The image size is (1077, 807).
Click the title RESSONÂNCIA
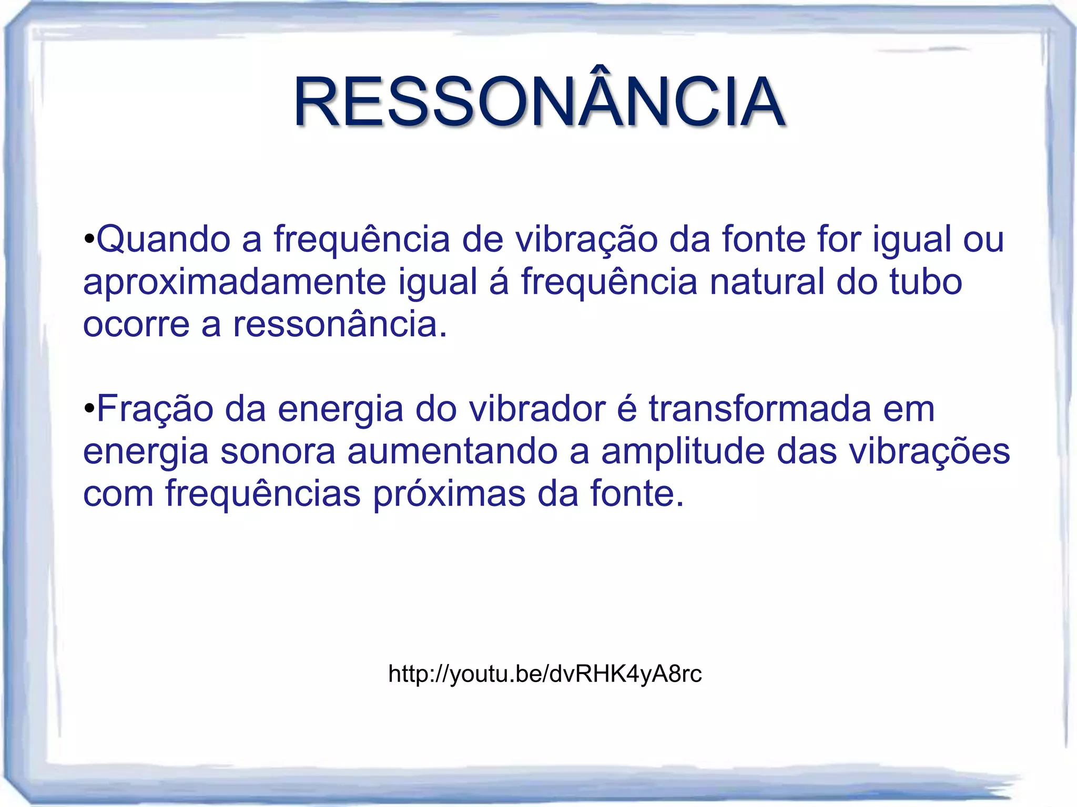point(540,102)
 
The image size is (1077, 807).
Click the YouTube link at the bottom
point(545,674)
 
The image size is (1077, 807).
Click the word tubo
point(926,282)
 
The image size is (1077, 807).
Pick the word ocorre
point(136,325)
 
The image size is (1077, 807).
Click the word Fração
point(155,409)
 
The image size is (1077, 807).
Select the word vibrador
point(537,409)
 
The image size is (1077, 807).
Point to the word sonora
point(277,452)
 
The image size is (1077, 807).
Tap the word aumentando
point(452,452)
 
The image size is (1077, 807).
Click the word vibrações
point(893,452)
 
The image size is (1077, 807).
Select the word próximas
point(449,495)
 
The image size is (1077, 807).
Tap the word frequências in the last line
point(263,494)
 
